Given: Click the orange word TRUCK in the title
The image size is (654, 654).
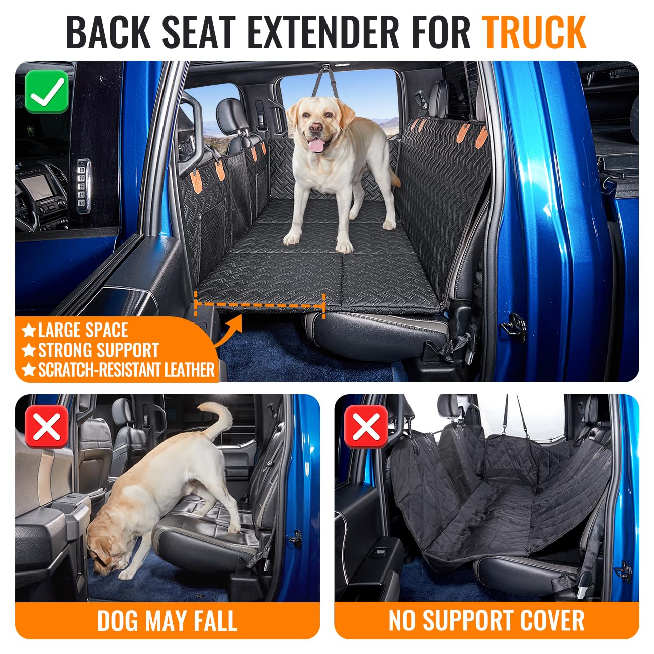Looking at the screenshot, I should point(534,32).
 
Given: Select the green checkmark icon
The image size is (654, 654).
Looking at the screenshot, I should point(46,91).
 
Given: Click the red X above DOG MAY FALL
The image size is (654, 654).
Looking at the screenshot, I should point(46,426).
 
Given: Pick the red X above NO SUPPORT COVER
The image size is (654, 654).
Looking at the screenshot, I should point(365,426).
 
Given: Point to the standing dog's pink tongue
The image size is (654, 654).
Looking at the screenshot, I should point(316,146).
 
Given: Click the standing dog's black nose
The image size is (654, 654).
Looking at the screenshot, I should point(315,129).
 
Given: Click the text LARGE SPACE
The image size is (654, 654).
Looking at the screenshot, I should point(83,331).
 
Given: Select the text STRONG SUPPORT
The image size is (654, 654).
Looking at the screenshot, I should point(98,350).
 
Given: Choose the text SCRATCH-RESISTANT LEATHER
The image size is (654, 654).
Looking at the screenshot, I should point(126,370).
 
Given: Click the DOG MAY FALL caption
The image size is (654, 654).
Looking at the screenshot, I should point(167,620).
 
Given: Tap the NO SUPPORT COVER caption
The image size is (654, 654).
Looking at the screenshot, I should point(486,620).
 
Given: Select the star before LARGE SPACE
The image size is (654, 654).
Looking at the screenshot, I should point(29,331).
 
